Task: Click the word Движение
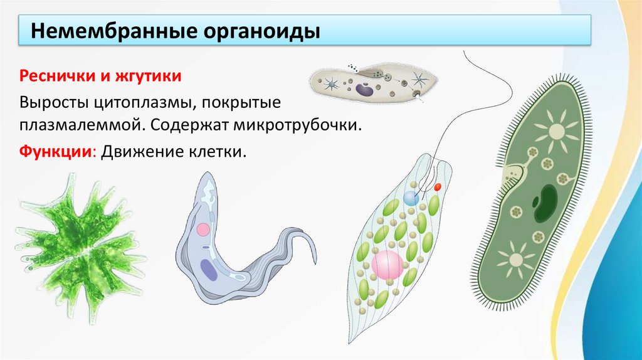tap(140, 152)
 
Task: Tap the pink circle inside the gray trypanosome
tap(203, 229)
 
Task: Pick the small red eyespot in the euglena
tap(438, 187)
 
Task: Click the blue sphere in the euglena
tap(411, 198)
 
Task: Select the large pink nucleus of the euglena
tap(387, 264)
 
